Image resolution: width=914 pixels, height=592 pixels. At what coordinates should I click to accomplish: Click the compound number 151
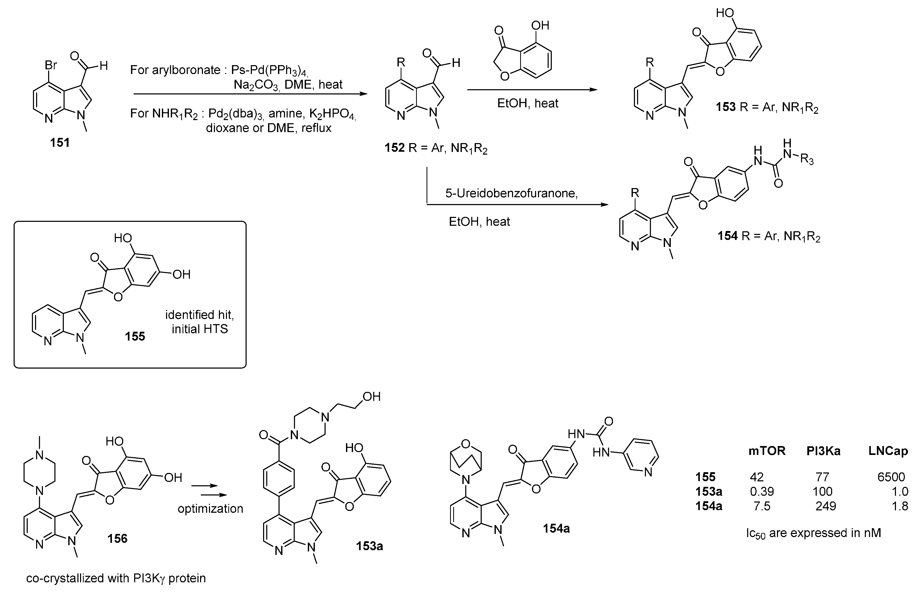click(x=60, y=143)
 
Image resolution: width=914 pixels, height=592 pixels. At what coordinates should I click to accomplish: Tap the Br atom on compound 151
click(x=51, y=65)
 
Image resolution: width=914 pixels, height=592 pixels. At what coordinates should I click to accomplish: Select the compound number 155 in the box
click(x=135, y=336)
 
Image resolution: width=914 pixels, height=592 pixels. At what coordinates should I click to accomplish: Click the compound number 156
click(x=117, y=539)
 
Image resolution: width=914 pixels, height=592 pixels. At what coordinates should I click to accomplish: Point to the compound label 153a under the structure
click(x=370, y=546)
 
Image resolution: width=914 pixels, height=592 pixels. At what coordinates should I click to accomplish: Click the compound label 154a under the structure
click(x=556, y=529)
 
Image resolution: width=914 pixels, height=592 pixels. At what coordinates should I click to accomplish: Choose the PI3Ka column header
click(x=823, y=451)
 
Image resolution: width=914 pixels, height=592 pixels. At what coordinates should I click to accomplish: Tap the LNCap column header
click(x=888, y=451)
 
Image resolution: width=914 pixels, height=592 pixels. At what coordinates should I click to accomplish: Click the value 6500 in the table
click(x=891, y=477)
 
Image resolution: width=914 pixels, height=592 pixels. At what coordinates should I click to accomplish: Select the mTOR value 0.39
click(x=762, y=491)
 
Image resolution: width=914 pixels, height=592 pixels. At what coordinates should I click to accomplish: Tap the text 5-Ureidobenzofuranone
click(x=512, y=193)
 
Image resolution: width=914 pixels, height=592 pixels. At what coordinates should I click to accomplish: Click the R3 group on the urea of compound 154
click(x=807, y=159)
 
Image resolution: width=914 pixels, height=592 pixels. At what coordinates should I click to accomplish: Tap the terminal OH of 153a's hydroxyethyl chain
click(x=371, y=397)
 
